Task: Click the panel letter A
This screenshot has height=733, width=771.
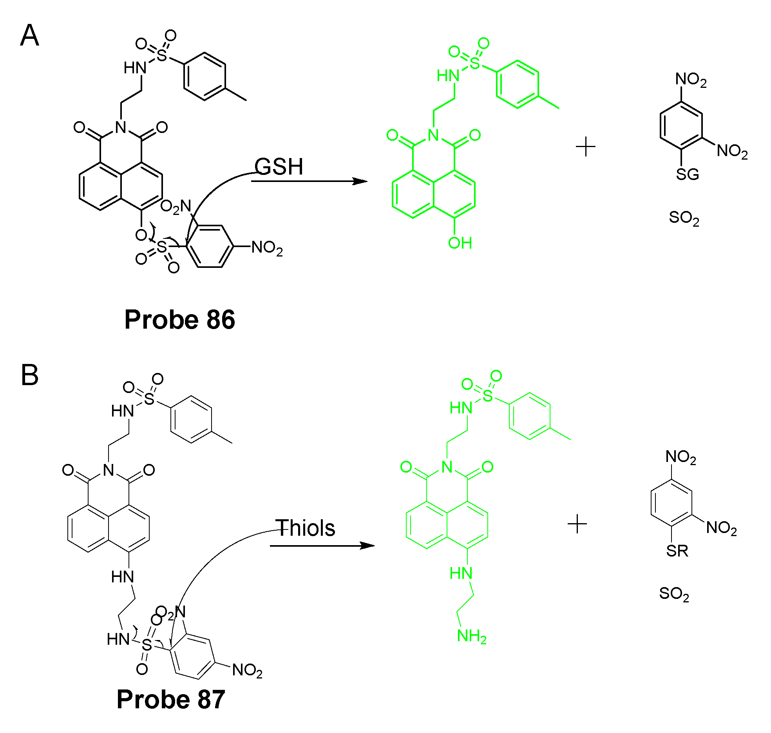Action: click(x=29, y=36)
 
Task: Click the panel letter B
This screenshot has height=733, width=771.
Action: click(x=29, y=375)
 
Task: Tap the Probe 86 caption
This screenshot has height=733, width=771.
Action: click(x=179, y=320)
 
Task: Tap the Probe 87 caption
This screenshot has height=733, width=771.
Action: click(x=171, y=699)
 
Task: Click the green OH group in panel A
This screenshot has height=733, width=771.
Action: click(x=460, y=243)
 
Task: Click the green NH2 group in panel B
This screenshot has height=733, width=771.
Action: click(x=471, y=636)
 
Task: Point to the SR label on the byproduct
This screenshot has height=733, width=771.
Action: click(x=677, y=551)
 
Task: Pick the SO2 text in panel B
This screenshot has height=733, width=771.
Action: click(x=674, y=594)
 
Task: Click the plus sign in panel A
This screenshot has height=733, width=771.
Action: click(x=586, y=147)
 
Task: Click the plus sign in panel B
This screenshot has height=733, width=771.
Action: click(x=577, y=524)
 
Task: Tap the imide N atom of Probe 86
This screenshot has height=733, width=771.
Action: click(x=121, y=127)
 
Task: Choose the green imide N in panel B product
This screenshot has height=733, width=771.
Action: click(x=447, y=467)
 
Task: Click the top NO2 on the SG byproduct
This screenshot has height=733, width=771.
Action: click(x=691, y=80)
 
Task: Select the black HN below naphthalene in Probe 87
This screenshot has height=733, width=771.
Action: click(x=122, y=577)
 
